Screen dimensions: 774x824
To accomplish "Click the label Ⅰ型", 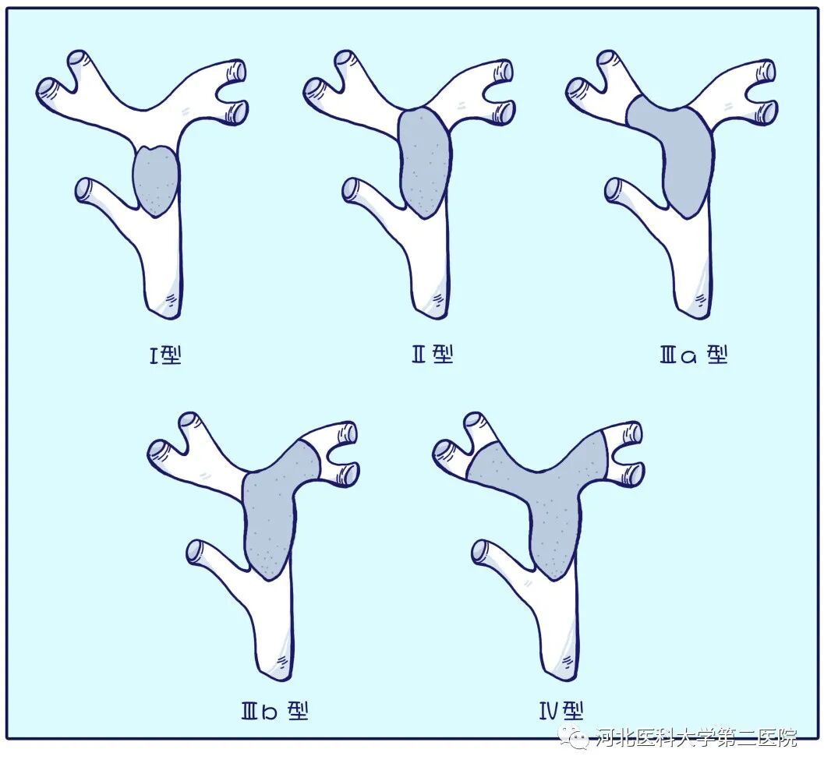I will pos(165,356).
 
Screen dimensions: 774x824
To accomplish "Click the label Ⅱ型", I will pos(432,355).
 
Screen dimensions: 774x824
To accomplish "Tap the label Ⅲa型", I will pos(693,355).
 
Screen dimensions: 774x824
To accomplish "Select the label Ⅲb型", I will pos(274,711).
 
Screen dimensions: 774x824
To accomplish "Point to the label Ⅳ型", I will pos(561,710).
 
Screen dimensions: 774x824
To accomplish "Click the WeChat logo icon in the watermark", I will pos(578,737).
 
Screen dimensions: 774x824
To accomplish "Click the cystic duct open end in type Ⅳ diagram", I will pos(481,551).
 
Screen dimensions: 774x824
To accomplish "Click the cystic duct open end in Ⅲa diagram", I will pos(614,189).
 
